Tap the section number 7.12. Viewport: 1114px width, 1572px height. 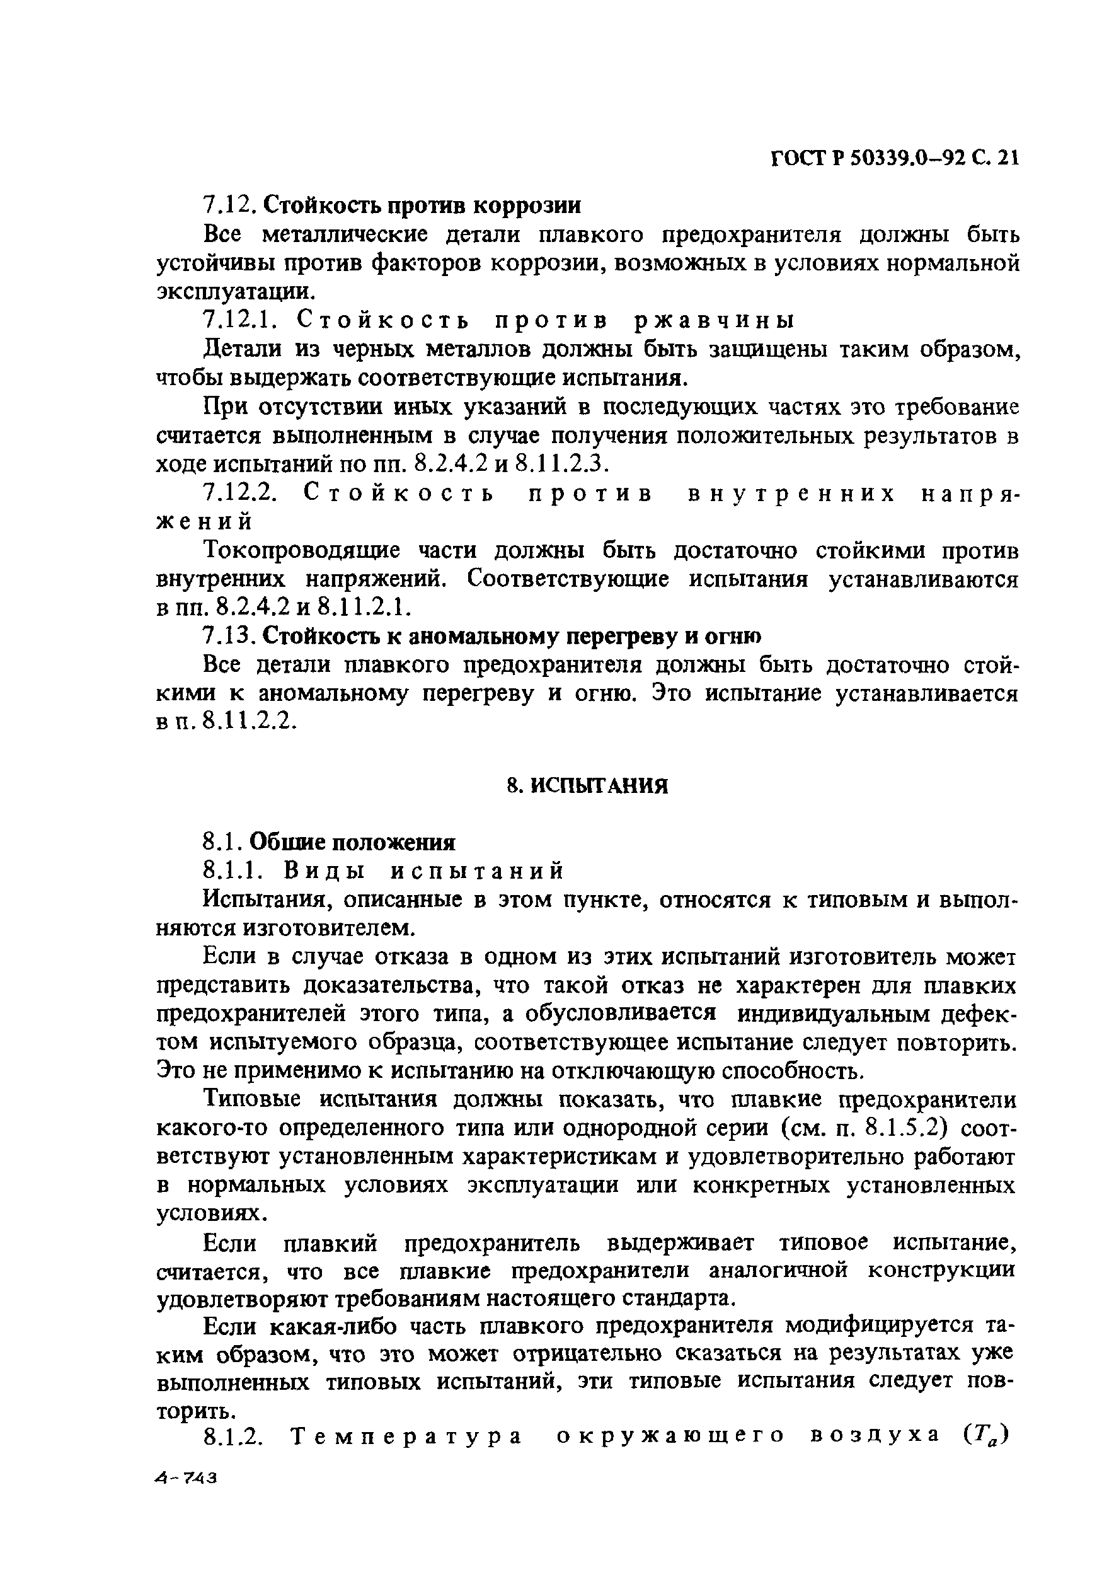pyautogui.click(x=230, y=204)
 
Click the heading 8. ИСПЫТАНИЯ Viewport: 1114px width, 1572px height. pyautogui.click(x=587, y=785)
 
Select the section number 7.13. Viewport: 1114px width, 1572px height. pyautogui.click(x=230, y=636)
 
